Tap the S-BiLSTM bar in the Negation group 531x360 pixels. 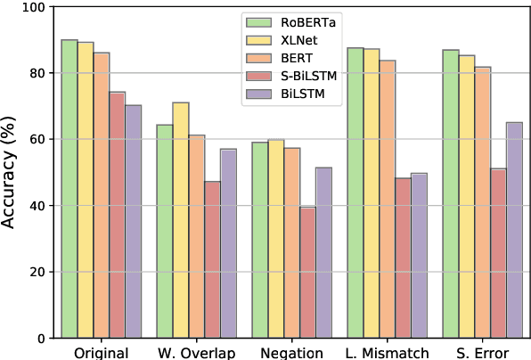308,273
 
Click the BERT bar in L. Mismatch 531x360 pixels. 388,200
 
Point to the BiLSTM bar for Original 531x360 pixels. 134,222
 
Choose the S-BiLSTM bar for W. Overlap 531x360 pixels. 213,259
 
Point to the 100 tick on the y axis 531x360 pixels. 36,8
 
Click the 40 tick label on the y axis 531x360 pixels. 39,207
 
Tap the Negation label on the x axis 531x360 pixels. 292,352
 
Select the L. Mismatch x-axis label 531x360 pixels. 388,352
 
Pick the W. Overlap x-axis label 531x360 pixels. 197,352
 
